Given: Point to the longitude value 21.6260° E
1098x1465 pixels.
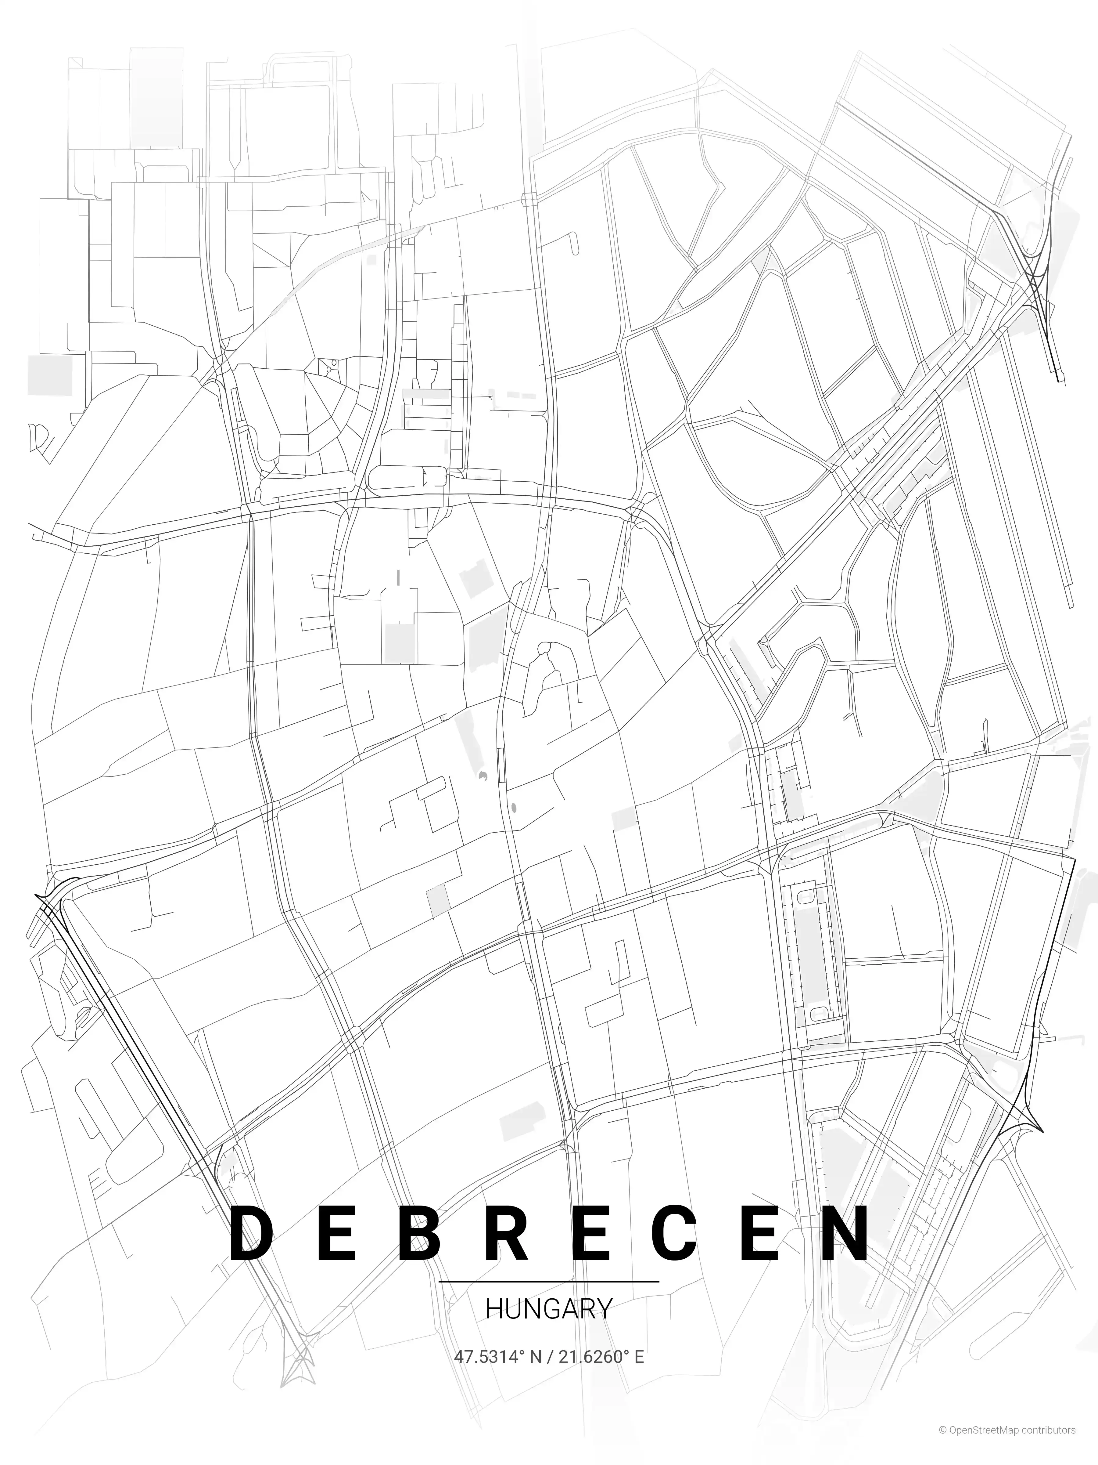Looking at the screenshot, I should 601,1356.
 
